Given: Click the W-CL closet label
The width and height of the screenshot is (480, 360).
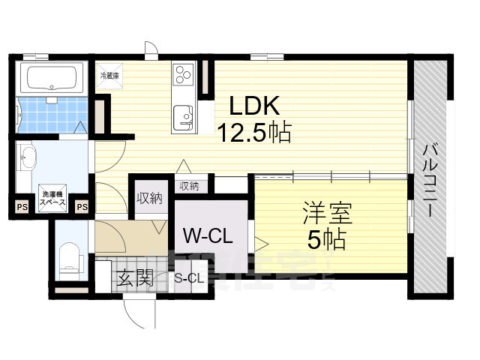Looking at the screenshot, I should pyautogui.click(x=208, y=235).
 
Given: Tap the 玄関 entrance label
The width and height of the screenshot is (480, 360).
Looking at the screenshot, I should pyautogui.click(x=135, y=279).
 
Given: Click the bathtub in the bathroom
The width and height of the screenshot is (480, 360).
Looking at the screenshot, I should pyautogui.click(x=50, y=77).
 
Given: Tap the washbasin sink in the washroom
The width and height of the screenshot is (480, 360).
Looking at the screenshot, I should pyautogui.click(x=28, y=158).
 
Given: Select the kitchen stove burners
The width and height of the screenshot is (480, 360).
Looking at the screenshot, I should pyautogui.click(x=184, y=74).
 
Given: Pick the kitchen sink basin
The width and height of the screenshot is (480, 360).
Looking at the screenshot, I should pyautogui.click(x=184, y=117).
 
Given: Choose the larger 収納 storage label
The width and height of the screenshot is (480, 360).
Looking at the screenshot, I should pyautogui.click(x=149, y=198).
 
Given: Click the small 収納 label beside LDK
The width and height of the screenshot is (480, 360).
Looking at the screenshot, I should pyautogui.click(x=189, y=185).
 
